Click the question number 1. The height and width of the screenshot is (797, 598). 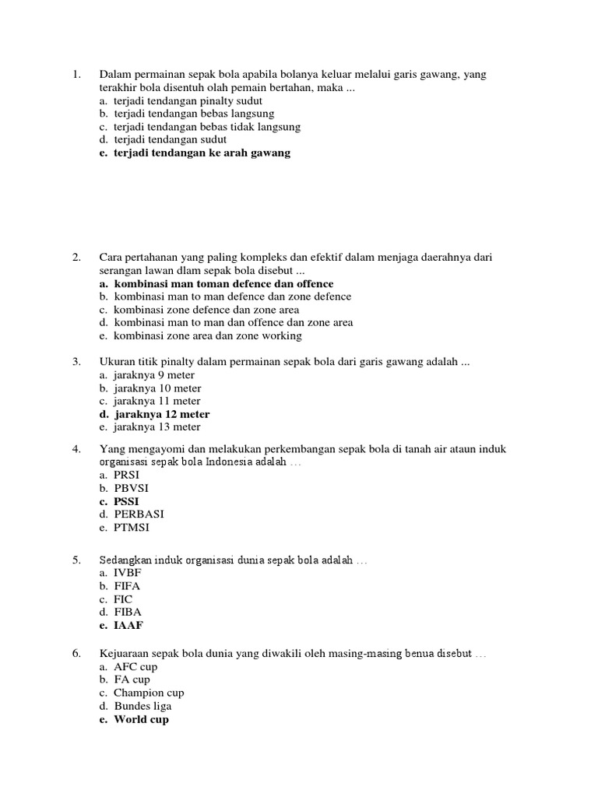76,75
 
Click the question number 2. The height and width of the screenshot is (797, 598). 76,258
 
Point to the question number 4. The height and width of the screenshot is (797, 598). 76,449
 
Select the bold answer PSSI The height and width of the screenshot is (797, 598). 125,501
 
